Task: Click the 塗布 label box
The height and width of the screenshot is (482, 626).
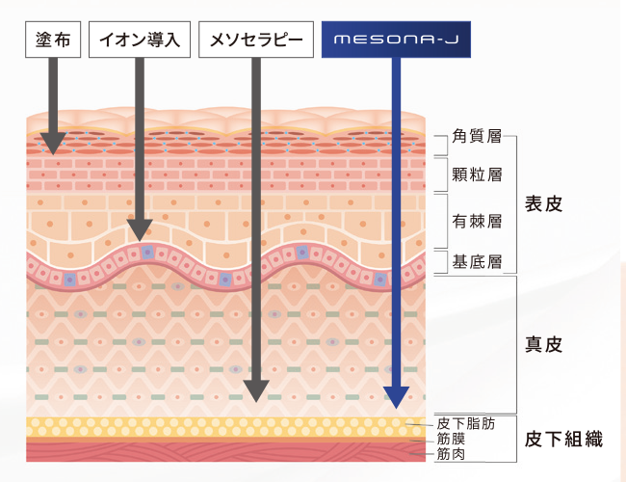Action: coord(53,40)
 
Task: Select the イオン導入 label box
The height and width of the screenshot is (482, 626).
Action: coord(140,40)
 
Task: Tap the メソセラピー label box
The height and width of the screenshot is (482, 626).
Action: coord(256,40)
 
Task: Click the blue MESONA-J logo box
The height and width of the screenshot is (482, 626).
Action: coord(396,40)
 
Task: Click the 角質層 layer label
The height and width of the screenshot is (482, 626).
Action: coord(477,136)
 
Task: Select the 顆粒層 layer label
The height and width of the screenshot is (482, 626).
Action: coord(477,174)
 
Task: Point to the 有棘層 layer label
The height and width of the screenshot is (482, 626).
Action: coord(477,221)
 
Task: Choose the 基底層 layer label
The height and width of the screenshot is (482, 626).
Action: coord(477,262)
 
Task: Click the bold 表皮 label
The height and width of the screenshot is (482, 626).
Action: coord(543,203)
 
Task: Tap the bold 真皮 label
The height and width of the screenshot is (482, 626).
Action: coord(543,344)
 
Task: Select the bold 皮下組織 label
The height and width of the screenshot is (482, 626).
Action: coord(563,440)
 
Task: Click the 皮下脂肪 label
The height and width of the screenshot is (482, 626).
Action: coord(466,423)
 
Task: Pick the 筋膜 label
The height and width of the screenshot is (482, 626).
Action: coord(451,439)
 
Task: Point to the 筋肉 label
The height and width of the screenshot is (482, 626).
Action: coord(451,454)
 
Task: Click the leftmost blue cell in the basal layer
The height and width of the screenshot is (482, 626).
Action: coord(70,280)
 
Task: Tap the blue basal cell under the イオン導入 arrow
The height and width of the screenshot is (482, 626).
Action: coord(147,252)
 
